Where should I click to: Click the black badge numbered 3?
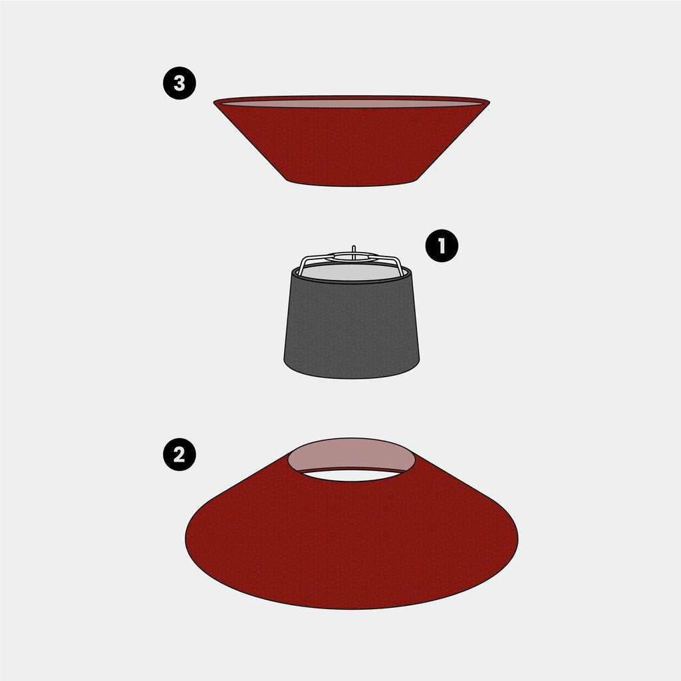[180, 83]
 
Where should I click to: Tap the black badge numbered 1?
[442, 246]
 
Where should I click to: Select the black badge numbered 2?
[180, 455]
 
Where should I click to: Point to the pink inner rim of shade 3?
[351, 103]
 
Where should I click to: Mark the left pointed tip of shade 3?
[213, 102]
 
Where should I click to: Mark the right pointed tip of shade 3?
[489, 102]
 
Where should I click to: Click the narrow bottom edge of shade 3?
[351, 186]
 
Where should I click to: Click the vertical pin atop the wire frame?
[354, 252]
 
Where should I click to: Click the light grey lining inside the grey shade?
[351, 273]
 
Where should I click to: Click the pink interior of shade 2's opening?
[351, 453]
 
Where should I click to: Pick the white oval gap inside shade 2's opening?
[351, 475]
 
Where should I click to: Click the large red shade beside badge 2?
[351, 543]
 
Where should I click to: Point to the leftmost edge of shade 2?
[186, 539]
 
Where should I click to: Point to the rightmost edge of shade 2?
[517, 539]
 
